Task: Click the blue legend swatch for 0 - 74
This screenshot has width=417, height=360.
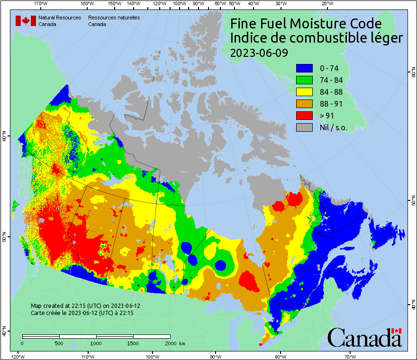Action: click(304, 68)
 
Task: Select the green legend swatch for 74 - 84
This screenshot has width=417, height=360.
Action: click(304, 80)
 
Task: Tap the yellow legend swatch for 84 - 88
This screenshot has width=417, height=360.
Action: click(304, 92)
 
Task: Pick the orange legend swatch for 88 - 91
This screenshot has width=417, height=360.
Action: click(304, 104)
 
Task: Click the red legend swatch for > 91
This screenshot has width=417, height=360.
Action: click(304, 116)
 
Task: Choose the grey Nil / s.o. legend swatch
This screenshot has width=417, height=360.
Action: click(304, 127)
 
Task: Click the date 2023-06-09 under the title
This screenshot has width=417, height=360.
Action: click(259, 53)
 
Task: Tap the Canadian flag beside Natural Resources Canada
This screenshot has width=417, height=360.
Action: click(26, 21)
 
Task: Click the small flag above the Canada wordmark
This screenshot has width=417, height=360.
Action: click(396, 331)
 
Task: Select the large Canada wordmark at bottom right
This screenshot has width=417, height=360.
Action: click(364, 338)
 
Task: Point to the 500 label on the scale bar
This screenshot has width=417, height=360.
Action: click(59, 343)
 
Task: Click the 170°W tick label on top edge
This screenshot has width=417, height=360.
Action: click(41, 4)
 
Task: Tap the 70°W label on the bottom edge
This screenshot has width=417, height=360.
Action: click(350, 356)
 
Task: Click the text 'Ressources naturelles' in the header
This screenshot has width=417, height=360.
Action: click(114, 18)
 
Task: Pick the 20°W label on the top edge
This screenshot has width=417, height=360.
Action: click(326, 4)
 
